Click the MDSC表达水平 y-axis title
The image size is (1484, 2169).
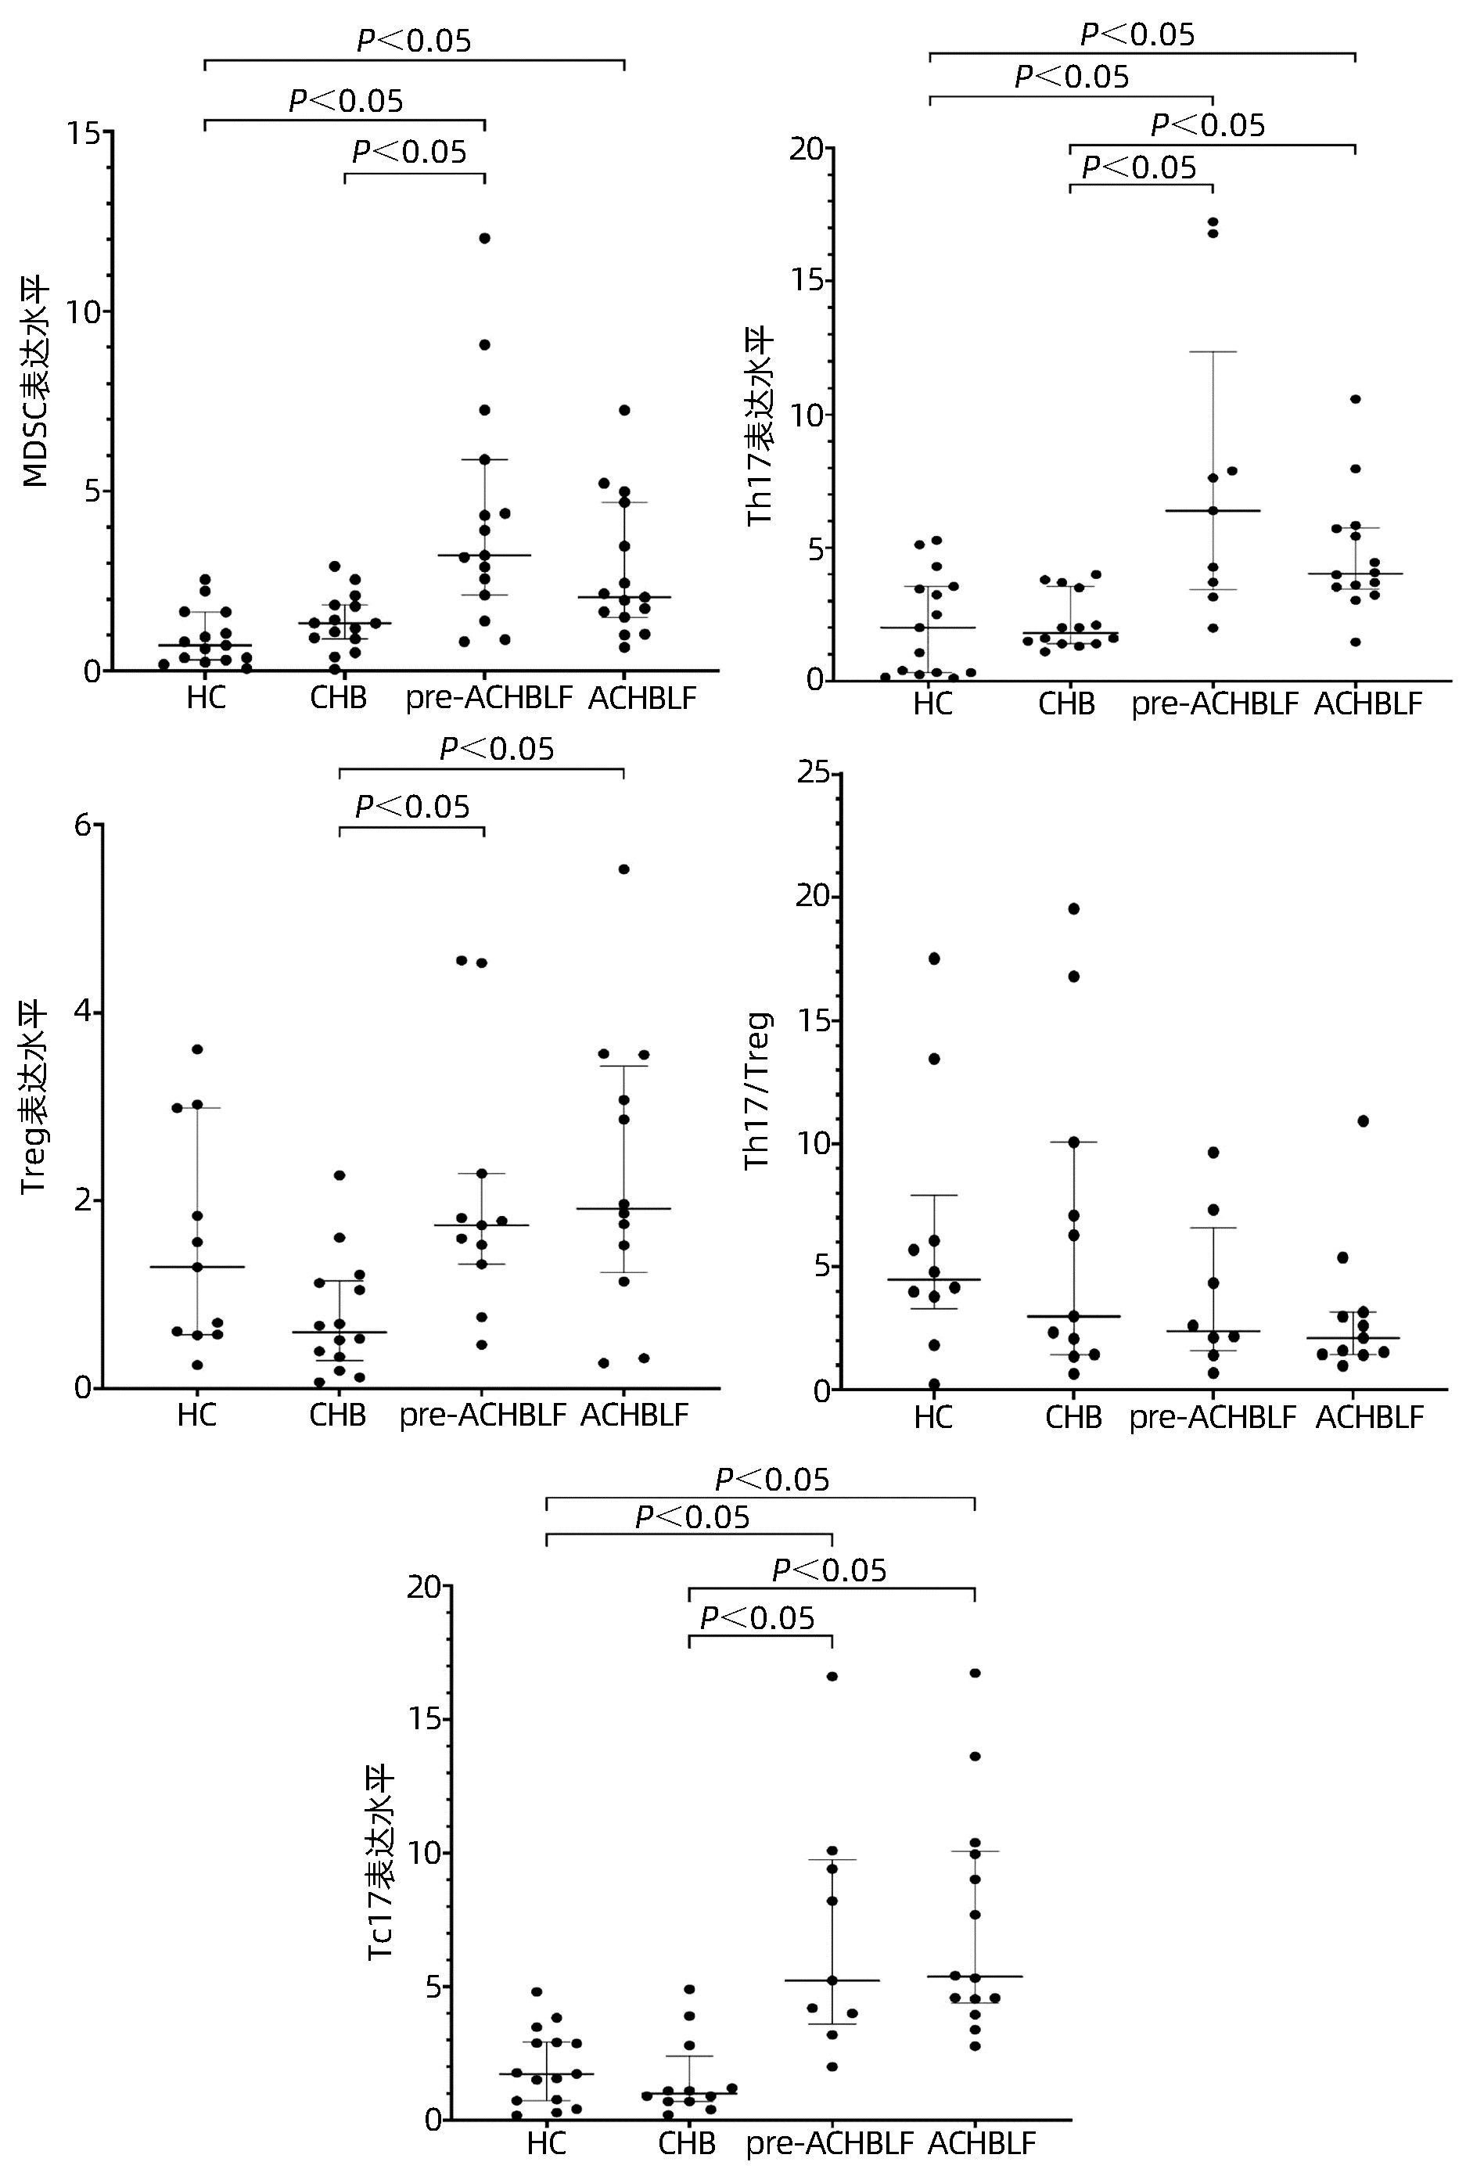tap(35, 383)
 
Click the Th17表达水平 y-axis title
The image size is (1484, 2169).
tap(760, 425)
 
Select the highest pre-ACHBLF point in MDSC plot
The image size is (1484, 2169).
tap(485, 238)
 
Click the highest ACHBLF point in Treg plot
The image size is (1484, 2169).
tap(624, 869)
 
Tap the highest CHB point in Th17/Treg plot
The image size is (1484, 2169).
tap(1074, 908)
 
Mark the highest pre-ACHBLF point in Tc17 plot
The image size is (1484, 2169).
tap(832, 1677)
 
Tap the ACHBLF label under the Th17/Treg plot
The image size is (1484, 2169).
tap(1369, 1418)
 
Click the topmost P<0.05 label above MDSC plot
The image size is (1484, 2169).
tap(415, 41)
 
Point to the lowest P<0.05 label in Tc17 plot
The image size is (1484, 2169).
tap(758, 1618)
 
